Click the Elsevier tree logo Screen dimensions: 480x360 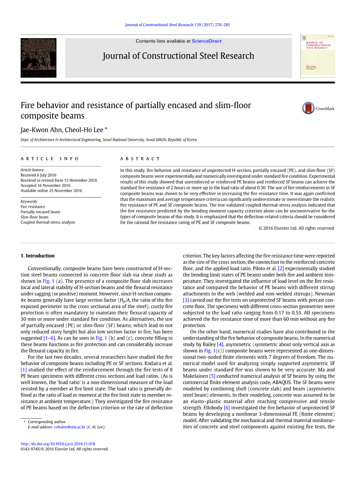(x=39, y=58)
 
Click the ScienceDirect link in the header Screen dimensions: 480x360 (x=207, y=41)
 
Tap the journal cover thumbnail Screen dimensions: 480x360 (x=318, y=56)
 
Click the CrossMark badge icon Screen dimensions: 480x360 (x=308, y=108)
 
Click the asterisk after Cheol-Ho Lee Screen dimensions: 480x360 (x=106, y=129)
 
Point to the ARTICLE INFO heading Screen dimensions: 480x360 (x=50, y=159)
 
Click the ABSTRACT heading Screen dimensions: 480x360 (x=140, y=159)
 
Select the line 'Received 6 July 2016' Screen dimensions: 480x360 (x=39, y=175)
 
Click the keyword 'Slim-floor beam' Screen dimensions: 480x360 (x=35, y=217)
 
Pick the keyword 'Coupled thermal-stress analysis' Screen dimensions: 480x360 (x=48, y=222)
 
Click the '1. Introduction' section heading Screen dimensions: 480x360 (x=37, y=256)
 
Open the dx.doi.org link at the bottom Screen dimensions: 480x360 (x=58, y=444)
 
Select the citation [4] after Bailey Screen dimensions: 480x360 (x=220, y=344)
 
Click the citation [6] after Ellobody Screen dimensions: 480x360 (x=227, y=408)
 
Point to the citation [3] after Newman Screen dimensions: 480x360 (x=186, y=300)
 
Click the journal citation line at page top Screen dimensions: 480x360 (x=177, y=25)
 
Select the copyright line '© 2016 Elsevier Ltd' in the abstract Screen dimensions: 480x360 (x=297, y=228)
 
